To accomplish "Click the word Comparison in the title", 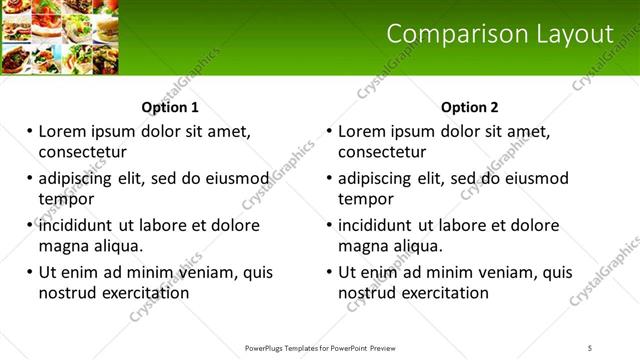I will click(447, 35).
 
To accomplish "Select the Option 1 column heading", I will click(170, 107).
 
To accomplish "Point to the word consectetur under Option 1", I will click(82, 152).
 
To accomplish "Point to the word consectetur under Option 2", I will click(382, 152).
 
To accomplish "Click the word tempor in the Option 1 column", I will click(66, 199).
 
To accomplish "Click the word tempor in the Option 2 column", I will click(366, 199).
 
